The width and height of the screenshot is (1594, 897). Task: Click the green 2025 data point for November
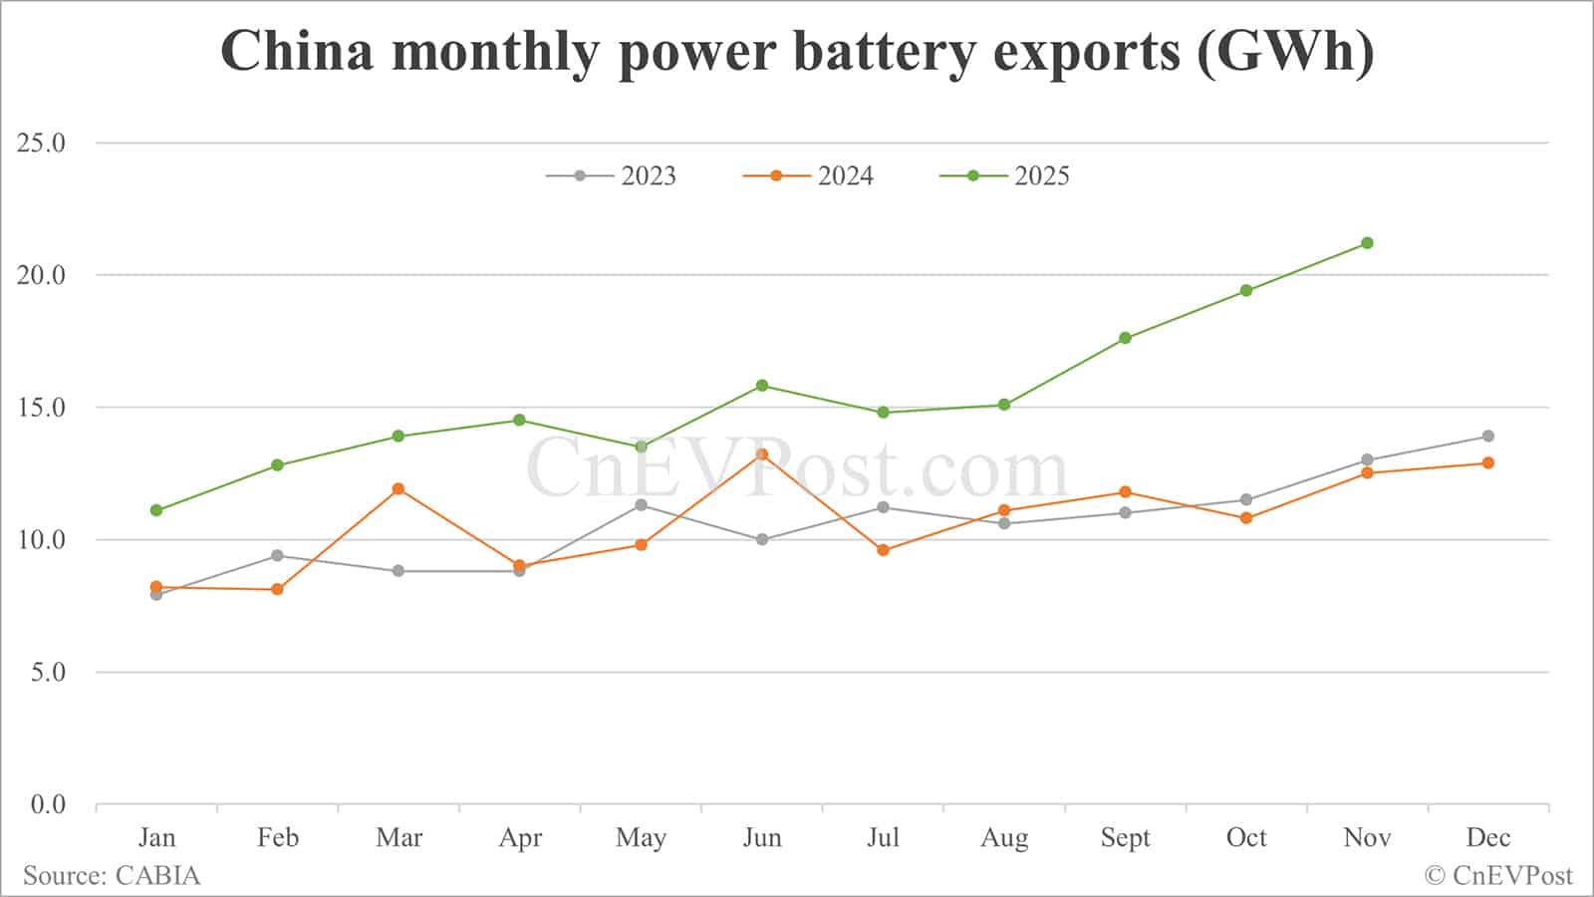[1367, 243]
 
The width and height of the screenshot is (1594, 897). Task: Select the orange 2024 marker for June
[762, 454]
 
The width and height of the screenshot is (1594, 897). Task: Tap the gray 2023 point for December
[1488, 437]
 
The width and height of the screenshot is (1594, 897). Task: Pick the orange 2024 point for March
[398, 489]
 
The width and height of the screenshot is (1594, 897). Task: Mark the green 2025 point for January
[156, 510]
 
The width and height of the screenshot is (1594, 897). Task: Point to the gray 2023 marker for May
[641, 505]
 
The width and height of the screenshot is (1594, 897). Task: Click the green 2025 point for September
[1125, 338]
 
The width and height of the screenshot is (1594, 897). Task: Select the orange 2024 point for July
[883, 550]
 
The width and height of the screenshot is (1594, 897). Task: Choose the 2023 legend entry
[612, 176]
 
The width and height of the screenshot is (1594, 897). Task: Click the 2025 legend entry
[1005, 176]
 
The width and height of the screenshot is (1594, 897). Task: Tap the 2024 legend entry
[809, 176]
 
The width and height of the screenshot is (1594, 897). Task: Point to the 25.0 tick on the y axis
[41, 144]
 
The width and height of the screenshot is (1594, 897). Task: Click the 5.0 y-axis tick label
[47, 673]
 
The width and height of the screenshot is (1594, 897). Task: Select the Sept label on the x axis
[1125, 838]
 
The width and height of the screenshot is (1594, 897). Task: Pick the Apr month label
[520, 838]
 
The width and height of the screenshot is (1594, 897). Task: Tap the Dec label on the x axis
[1488, 838]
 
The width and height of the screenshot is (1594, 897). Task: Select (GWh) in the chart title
[1285, 52]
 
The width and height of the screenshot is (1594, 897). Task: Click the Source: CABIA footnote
[112, 876]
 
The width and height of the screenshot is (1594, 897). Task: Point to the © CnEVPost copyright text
[1498, 876]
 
